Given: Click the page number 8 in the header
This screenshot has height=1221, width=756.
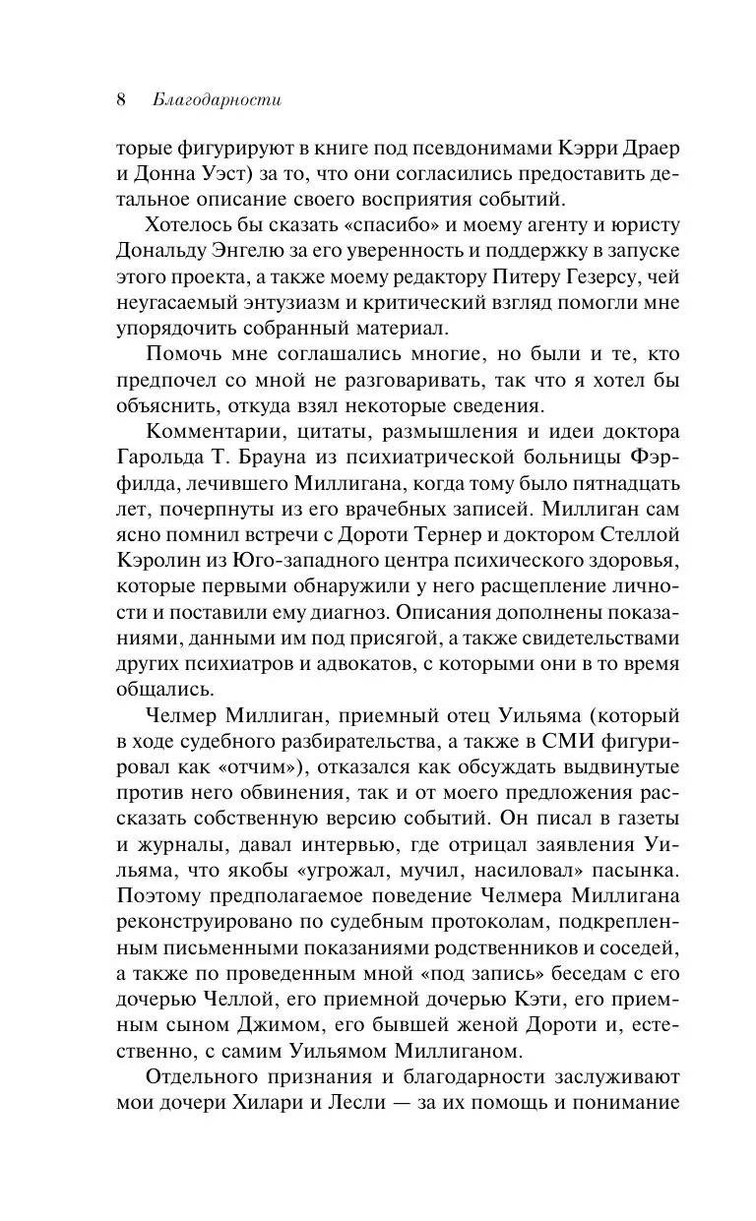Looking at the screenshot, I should (x=121, y=99).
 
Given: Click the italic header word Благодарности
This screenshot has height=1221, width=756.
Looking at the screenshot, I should (x=218, y=99).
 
